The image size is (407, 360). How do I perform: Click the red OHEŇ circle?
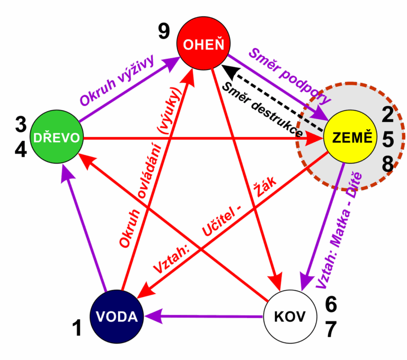point(203,44)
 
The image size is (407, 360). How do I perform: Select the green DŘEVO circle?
point(57,138)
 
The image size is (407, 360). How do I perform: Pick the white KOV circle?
point(290,317)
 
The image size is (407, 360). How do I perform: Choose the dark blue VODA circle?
point(117,317)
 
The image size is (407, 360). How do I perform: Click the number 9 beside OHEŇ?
point(164,32)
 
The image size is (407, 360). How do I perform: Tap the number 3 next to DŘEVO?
point(21,125)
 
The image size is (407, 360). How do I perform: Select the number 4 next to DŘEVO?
point(21,150)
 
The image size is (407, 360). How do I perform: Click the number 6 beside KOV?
point(331,304)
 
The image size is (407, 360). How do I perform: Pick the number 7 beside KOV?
point(331,329)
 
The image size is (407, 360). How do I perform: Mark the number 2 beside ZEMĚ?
point(388,115)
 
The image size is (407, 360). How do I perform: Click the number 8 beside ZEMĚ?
point(388,164)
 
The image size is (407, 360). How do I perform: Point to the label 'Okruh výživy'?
point(116,80)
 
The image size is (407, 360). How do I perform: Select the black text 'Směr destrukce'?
point(262,109)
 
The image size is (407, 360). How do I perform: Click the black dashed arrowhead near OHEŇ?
point(226,68)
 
